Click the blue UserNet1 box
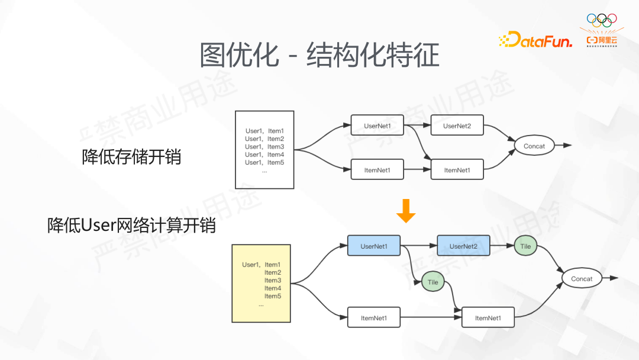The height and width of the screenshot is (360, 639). click(x=373, y=246)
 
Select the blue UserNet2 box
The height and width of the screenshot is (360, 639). click(x=463, y=246)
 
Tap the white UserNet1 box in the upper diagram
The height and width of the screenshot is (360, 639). click(x=377, y=126)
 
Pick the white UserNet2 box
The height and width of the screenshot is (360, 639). click(x=457, y=126)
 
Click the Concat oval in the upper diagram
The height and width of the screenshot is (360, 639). click(x=534, y=146)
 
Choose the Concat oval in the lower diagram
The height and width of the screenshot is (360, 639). click(x=582, y=278)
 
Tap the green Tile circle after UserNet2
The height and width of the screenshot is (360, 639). click(x=525, y=246)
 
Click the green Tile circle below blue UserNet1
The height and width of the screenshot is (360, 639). click(x=433, y=282)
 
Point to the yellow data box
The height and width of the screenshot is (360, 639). click(x=261, y=283)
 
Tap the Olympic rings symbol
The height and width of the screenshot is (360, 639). click(x=601, y=20)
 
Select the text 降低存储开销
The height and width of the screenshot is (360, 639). click(x=131, y=157)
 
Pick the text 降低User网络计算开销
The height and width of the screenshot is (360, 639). click(x=131, y=226)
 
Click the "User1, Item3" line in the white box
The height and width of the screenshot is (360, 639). click(x=264, y=147)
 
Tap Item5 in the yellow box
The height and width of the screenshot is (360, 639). click(x=273, y=296)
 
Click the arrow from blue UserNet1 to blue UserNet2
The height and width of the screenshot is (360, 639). click(x=419, y=246)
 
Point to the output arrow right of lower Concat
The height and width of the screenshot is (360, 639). click(x=610, y=278)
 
